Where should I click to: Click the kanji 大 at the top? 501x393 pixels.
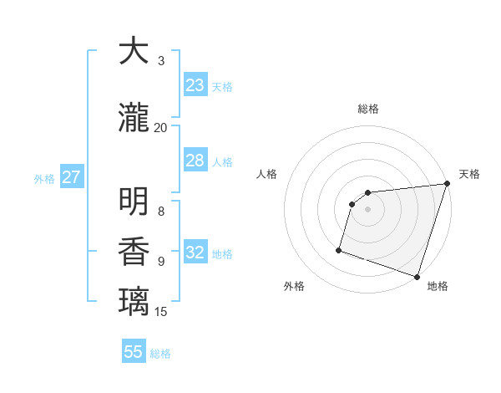134,52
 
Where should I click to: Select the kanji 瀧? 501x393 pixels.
134,119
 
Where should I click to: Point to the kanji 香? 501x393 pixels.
134,253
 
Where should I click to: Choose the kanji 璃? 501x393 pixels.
134,302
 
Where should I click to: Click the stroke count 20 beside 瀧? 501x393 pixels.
160,127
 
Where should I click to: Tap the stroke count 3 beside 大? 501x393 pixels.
161,60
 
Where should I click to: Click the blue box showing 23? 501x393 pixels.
195,85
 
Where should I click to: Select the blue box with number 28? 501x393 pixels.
195,161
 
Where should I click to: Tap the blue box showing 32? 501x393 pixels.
195,253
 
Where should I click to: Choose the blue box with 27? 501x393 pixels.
71,177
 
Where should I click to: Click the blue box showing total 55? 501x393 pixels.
134,352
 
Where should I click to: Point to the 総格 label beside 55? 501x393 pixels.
160,354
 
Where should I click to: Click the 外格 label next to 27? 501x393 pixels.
44,178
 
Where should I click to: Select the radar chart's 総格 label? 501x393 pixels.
368,109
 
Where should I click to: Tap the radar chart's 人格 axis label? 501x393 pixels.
267,174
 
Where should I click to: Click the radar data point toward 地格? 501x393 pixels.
416,276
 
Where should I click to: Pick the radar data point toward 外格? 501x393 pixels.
339,249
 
